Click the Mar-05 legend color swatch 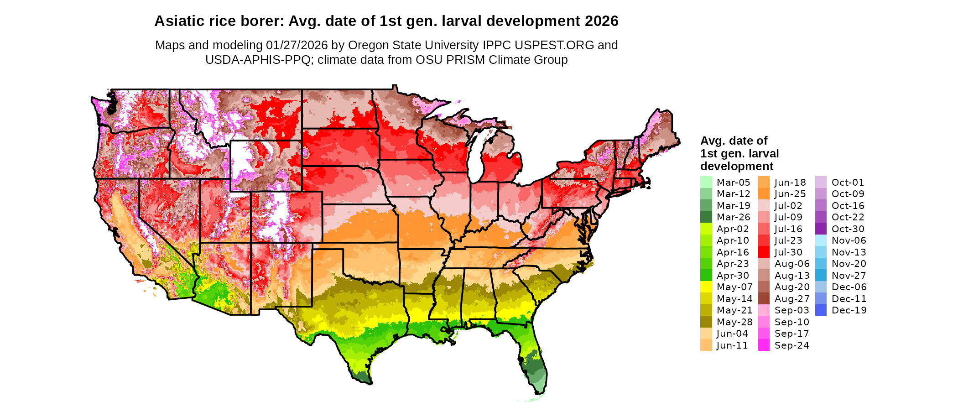pyautogui.click(x=706, y=182)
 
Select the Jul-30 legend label pyautogui.click(x=788, y=252)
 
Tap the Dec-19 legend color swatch pyautogui.click(x=821, y=310)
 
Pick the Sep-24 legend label pyautogui.click(x=791, y=345)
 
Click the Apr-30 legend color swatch pyautogui.click(x=706, y=276)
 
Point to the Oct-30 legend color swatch pyautogui.click(x=821, y=229)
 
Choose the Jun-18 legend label pyautogui.click(x=790, y=183)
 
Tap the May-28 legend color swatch pyautogui.click(x=706, y=322)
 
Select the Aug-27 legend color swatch pyautogui.click(x=764, y=299)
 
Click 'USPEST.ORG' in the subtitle pyautogui.click(x=554, y=45)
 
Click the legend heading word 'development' pyautogui.click(x=737, y=166)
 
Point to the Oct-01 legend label pyautogui.click(x=848, y=183)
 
